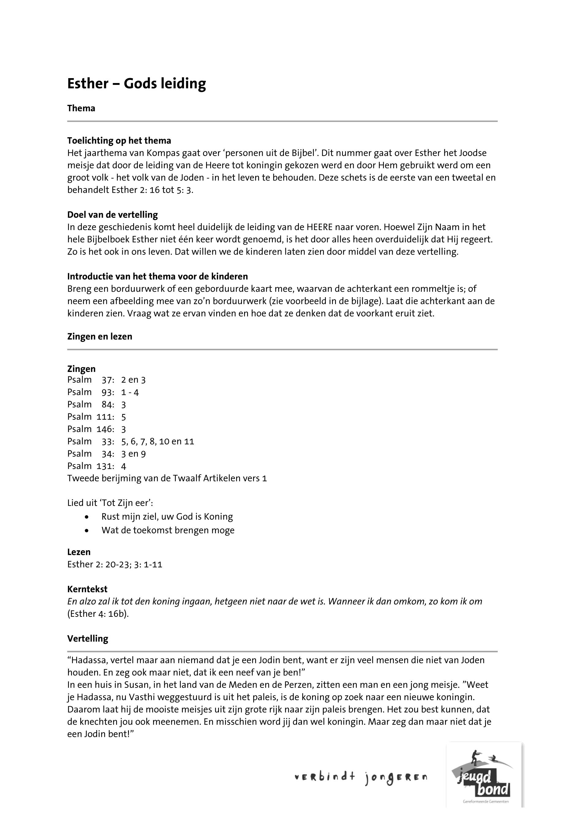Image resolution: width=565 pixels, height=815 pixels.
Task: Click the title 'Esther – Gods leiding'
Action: [x=136, y=84]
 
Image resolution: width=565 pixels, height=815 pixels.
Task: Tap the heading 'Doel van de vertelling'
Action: [x=113, y=215]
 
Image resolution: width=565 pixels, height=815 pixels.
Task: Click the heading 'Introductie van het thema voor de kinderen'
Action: [x=157, y=276]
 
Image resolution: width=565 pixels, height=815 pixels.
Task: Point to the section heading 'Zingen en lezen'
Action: [x=100, y=336]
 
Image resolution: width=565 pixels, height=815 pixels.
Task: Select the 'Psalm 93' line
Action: [x=103, y=392]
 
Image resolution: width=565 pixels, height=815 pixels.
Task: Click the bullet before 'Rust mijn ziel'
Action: [x=87, y=517]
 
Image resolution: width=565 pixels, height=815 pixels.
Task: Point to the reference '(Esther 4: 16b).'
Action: [x=98, y=614]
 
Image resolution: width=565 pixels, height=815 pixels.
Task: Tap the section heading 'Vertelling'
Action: [x=88, y=639]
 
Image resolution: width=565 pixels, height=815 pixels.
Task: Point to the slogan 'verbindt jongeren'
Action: [x=361, y=777]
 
